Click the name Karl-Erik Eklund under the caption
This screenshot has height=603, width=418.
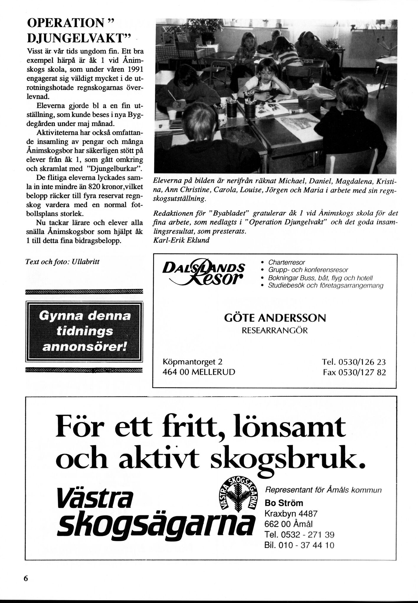(x=181, y=240)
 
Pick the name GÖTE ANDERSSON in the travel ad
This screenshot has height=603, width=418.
(x=275, y=318)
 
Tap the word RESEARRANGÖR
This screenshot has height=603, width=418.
(x=275, y=331)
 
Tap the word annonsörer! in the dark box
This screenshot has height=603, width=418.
(x=84, y=347)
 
